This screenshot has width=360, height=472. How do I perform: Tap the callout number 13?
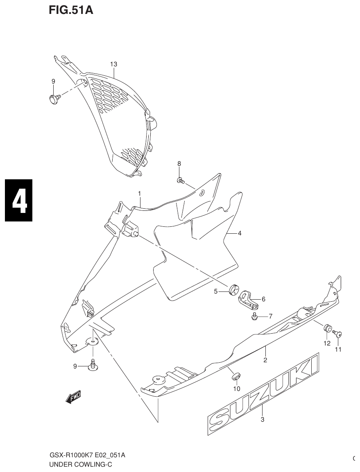(113, 64)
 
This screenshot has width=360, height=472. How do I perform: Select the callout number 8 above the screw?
(179, 164)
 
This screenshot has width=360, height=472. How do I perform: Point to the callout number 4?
(240, 233)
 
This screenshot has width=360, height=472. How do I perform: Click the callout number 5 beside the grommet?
(215, 291)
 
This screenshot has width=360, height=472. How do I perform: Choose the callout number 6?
(263, 299)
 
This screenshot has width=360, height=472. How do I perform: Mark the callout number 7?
(270, 316)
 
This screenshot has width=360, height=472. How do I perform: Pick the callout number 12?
(327, 343)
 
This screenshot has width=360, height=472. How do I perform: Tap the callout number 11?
(338, 349)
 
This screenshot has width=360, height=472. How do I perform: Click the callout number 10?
(237, 388)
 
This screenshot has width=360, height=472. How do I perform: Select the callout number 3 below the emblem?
(263, 419)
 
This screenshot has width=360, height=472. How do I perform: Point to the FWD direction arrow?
(73, 397)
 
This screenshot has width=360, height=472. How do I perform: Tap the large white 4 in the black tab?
(19, 200)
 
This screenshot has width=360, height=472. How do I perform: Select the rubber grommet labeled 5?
(234, 289)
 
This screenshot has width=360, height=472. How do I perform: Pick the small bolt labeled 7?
(254, 316)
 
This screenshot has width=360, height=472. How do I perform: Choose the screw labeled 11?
(337, 334)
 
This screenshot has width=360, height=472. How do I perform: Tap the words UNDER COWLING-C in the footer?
(80, 464)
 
